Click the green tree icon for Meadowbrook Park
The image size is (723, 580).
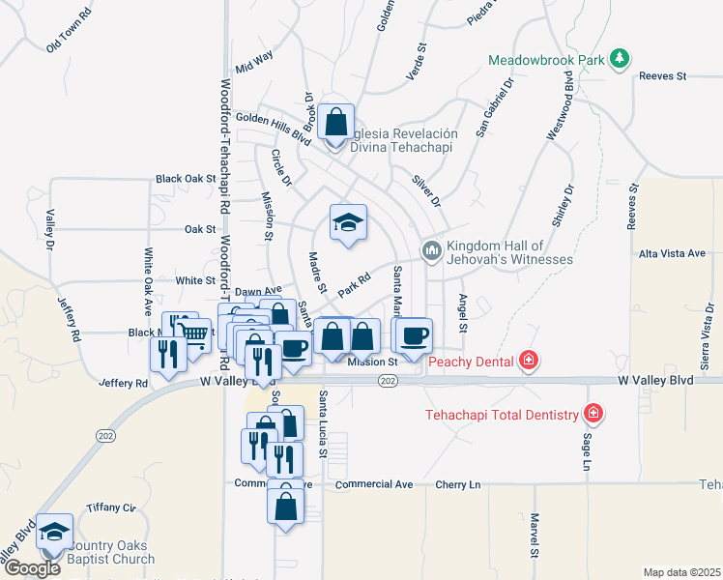click(x=619, y=59)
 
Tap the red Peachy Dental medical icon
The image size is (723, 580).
click(x=528, y=362)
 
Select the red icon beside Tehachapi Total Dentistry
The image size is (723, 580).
click(x=593, y=415)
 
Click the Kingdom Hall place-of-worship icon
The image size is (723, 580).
click(x=431, y=250)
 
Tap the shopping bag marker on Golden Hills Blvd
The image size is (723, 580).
click(x=335, y=124)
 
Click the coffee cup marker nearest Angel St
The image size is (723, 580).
click(x=415, y=335)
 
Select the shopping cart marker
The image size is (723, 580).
click(x=195, y=334)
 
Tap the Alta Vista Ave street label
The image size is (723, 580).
click(x=672, y=253)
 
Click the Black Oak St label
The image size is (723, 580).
click(x=186, y=179)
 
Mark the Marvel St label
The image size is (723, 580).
click(x=534, y=536)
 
